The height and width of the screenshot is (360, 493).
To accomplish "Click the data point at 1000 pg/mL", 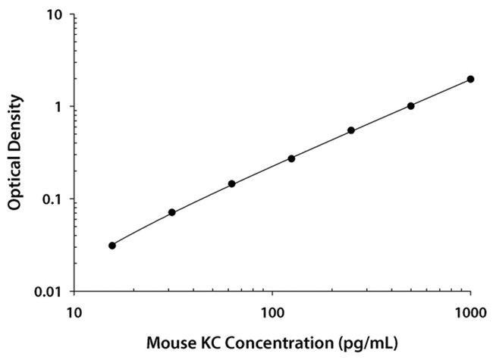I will [x=470, y=79].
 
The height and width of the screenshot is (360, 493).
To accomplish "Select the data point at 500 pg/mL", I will [x=410, y=106].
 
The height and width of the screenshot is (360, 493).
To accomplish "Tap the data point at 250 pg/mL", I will [x=351, y=130].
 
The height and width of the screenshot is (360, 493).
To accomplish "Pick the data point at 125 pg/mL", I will [x=291, y=158].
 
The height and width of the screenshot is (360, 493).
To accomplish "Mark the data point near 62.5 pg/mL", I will [x=231, y=184].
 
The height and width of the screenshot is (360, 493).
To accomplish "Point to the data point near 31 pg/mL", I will [x=172, y=212].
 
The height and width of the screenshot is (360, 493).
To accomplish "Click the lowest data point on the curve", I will [x=112, y=246].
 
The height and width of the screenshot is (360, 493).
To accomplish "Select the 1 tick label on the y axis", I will [x=59, y=107].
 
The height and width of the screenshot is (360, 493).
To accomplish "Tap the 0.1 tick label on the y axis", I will [x=52, y=199].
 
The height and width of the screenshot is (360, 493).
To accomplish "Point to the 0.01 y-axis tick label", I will [x=49, y=292].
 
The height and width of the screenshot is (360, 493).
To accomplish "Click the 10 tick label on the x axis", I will [x=74, y=311].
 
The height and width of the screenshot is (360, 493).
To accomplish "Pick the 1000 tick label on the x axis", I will [x=470, y=311].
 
